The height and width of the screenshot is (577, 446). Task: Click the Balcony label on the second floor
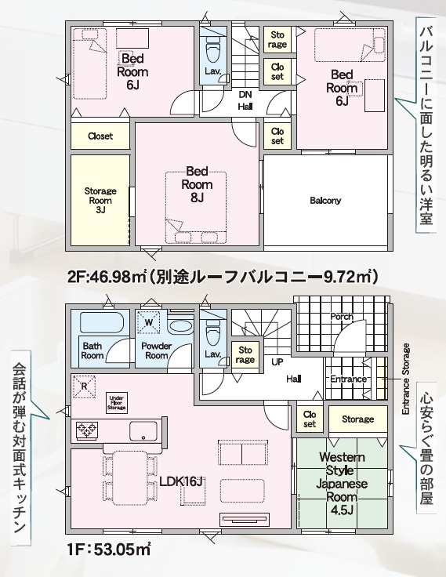click(325, 201)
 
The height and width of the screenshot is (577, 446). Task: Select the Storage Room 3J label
click(100, 201)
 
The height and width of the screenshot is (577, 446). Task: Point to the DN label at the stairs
click(245, 95)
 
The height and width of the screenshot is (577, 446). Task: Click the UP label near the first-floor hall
click(277, 362)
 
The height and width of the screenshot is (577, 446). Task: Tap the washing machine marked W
click(149, 323)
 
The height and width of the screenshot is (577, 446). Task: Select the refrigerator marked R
click(85, 386)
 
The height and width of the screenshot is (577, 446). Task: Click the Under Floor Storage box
click(117, 403)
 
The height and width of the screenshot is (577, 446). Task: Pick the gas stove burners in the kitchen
click(87, 430)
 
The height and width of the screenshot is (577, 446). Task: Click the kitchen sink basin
click(143, 430)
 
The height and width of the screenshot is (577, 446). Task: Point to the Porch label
click(342, 317)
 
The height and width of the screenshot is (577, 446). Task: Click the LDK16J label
click(181, 481)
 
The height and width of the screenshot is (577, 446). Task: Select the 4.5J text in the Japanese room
click(342, 510)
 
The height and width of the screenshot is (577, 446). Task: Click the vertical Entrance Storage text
click(405, 379)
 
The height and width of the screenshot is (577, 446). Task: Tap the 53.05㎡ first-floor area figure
click(122, 550)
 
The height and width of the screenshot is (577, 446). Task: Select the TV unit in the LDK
click(245, 520)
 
